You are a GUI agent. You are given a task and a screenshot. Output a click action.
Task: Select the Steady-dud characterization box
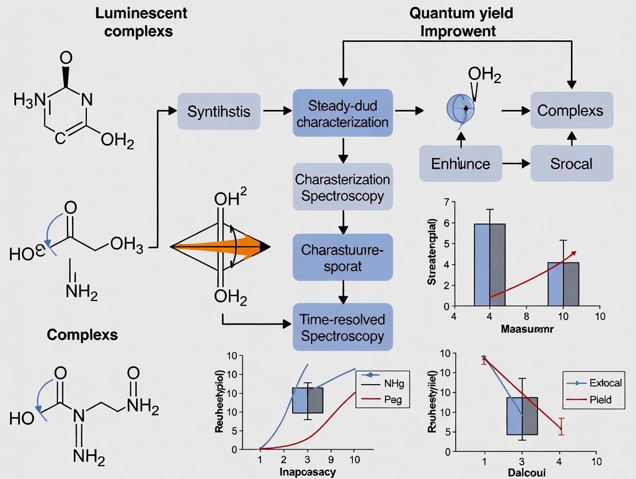pos(342,113)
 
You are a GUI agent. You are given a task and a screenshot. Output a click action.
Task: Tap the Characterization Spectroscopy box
pos(342,187)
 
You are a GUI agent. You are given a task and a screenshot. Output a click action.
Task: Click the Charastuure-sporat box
pos(342,257)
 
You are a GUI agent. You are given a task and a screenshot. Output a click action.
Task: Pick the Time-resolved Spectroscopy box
pos(342,327)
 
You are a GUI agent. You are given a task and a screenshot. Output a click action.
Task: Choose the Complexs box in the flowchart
pos(570,111)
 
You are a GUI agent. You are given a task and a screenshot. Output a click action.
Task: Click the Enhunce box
pos(460,163)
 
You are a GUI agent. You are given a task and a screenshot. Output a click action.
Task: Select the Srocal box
pos(570,163)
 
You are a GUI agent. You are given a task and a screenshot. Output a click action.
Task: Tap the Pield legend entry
pos(600,399)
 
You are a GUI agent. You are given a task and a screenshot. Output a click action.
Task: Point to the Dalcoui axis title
pos(522,472)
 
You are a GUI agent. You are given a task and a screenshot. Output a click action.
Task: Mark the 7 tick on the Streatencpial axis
pos(446,202)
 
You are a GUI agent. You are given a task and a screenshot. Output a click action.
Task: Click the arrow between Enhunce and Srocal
pos(516,164)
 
